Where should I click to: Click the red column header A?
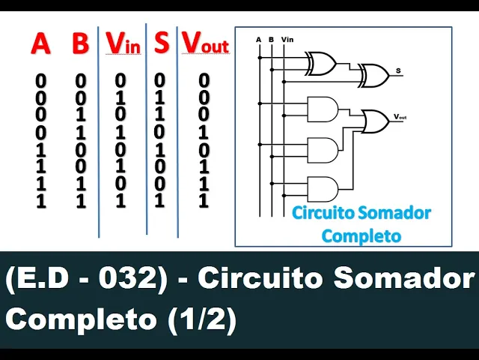pyautogui.click(x=40, y=43)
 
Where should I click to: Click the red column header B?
pyautogui.click(x=80, y=43)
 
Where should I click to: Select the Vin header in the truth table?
pyautogui.click(x=123, y=43)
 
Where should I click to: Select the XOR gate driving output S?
pyautogui.click(x=373, y=73)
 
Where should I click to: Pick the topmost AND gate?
pyautogui.click(x=323, y=109)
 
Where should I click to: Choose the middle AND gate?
pyautogui.click(x=323, y=148)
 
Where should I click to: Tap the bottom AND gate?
pyautogui.click(x=323, y=188)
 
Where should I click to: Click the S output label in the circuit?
pyautogui.click(x=398, y=71)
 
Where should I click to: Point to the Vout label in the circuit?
pyautogui.click(x=400, y=117)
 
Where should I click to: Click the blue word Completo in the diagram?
pyautogui.click(x=361, y=235)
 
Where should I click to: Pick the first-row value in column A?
pyautogui.click(x=41, y=79)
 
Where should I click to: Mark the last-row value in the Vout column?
pyautogui.click(x=204, y=200)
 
